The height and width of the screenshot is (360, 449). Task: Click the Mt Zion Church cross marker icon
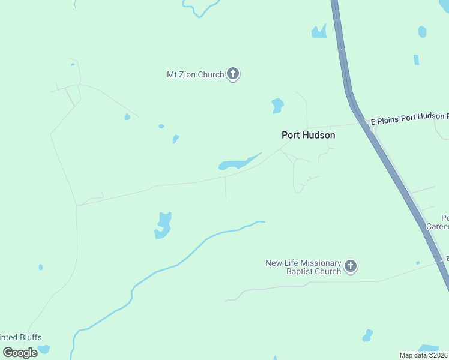[x=233, y=74]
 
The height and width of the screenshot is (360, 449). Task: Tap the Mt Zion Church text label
[x=195, y=75]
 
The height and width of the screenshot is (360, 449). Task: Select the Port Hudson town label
[x=309, y=136]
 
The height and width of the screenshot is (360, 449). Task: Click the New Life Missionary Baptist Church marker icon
[x=351, y=266]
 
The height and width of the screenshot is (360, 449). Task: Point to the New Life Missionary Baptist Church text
[x=303, y=268]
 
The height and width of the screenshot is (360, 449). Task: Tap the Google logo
[x=20, y=352]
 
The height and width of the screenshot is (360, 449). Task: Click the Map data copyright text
[x=423, y=355]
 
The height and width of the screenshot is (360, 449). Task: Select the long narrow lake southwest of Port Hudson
[x=239, y=163]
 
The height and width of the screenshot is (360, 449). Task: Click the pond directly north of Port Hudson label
[x=277, y=105]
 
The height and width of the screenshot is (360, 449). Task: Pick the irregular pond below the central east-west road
[x=163, y=225]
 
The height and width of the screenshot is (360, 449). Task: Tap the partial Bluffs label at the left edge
[x=21, y=338]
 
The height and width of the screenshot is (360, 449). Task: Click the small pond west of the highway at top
[x=318, y=32]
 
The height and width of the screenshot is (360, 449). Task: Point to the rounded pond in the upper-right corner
[x=422, y=32]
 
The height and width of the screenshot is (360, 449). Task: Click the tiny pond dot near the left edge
[x=41, y=267]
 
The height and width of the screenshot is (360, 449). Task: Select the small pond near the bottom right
[x=367, y=335]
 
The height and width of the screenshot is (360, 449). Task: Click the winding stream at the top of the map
[x=201, y=9]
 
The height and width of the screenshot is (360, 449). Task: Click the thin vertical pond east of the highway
[x=416, y=59]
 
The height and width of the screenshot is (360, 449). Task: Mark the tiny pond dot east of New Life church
[x=418, y=263]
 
